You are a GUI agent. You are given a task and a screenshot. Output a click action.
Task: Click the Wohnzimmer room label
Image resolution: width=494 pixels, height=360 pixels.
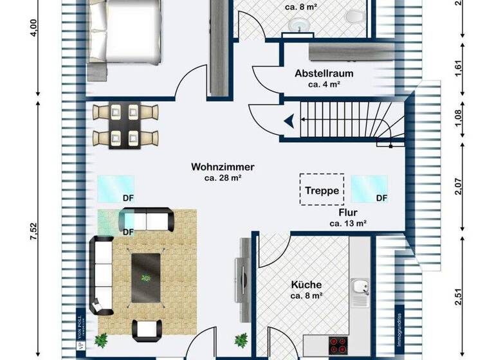click(x=223, y=166)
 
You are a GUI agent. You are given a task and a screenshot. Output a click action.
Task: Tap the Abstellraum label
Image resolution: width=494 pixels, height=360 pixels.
click(x=324, y=74)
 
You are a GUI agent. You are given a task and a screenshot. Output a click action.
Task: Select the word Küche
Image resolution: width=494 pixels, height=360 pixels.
click(x=306, y=285)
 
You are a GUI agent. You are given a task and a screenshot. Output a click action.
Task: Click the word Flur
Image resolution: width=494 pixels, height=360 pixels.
click(x=348, y=212)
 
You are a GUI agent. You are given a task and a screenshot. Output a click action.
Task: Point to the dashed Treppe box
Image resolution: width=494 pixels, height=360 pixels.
click(x=322, y=190)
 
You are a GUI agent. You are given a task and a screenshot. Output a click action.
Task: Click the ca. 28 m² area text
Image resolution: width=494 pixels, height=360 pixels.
click(x=223, y=178)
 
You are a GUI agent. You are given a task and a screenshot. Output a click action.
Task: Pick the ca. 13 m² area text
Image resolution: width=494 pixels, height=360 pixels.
click(x=348, y=224)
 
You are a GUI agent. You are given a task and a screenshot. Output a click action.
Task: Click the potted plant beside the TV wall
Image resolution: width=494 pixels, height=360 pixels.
click(x=241, y=339)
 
